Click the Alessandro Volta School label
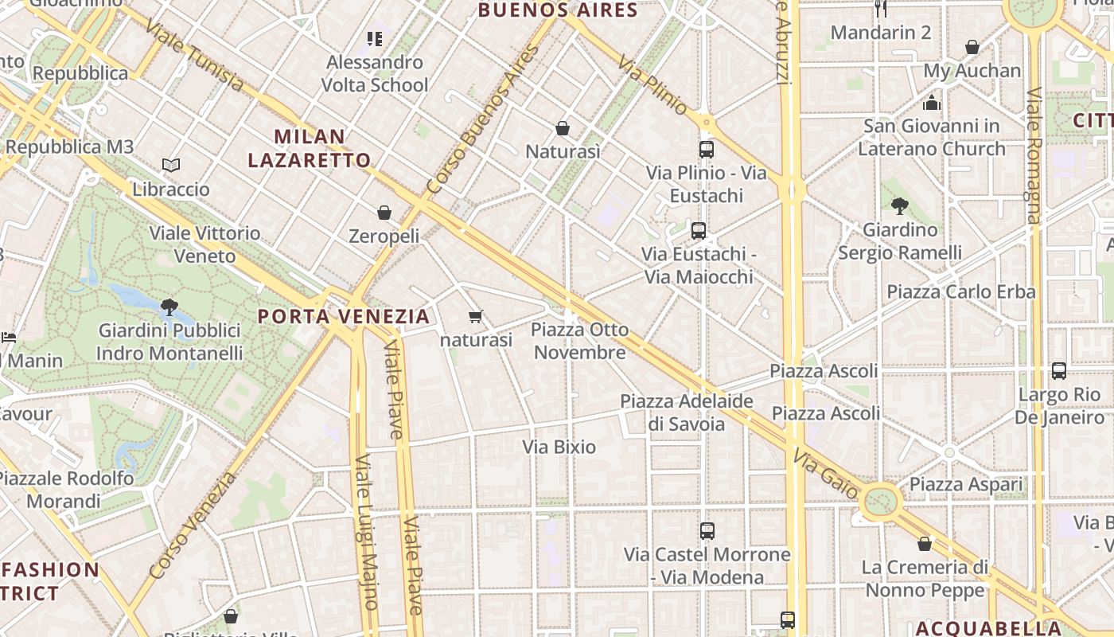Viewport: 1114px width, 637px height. coord(374,73)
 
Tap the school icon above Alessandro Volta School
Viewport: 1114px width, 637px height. coord(375,38)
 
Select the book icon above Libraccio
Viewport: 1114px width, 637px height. coord(171,166)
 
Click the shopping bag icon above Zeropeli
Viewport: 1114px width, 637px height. coord(384,213)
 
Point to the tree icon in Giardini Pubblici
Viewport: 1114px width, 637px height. coord(169,307)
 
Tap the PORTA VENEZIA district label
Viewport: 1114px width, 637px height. coord(344,316)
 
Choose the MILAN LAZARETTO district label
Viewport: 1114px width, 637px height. coord(310,148)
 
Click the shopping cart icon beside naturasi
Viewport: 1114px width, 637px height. coord(476,317)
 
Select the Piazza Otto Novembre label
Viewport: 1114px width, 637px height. coord(579,341)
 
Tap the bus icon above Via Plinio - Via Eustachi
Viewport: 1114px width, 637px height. coord(706,149)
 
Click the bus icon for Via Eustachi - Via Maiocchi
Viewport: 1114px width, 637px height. coord(699,231)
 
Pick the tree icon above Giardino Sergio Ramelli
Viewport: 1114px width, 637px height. coord(900,206)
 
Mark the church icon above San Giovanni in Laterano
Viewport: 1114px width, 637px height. coord(932,103)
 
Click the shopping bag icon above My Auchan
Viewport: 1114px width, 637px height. coord(972,48)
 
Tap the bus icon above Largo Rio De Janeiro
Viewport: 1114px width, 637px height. coord(1058,370)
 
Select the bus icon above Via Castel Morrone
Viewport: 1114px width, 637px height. coord(707,530)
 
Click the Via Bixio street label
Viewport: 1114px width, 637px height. coord(559,447)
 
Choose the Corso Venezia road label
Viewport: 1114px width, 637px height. coord(193,526)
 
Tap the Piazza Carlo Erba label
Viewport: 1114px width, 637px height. coord(961,291)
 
